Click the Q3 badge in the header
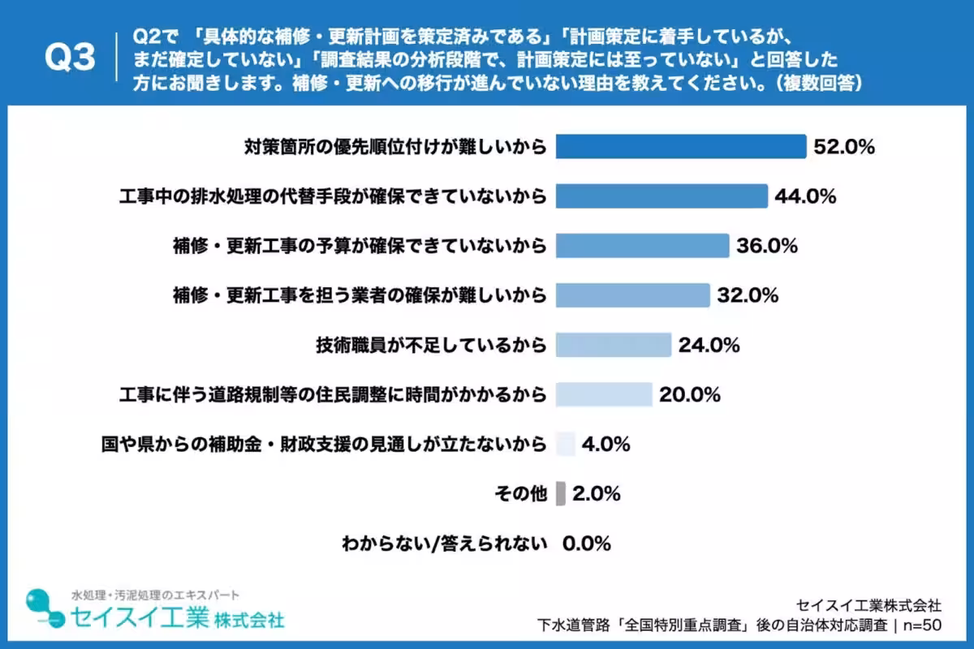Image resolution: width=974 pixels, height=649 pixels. click(x=70, y=58)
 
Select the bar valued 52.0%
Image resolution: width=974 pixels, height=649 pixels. click(x=680, y=147)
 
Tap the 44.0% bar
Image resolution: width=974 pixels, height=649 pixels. click(x=662, y=196)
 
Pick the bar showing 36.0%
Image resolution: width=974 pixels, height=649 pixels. click(x=642, y=246)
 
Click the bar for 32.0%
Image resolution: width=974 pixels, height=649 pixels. click(x=632, y=295)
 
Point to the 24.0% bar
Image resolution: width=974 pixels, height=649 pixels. click(x=613, y=345)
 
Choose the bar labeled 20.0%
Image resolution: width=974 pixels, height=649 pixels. click(x=604, y=394)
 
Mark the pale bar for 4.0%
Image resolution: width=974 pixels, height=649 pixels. click(x=566, y=444)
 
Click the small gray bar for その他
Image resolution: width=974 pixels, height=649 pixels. click(x=561, y=493)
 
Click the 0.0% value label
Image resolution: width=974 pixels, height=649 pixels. click(x=587, y=543)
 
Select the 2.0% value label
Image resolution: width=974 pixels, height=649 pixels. click(x=597, y=493)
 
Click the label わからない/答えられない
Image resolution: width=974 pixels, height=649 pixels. click(x=442, y=543)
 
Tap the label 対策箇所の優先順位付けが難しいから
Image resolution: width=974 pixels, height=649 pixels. click(x=395, y=147)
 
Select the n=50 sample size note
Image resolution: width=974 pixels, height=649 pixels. click(x=920, y=625)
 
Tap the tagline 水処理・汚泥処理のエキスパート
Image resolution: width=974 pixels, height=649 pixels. click(x=156, y=595)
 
